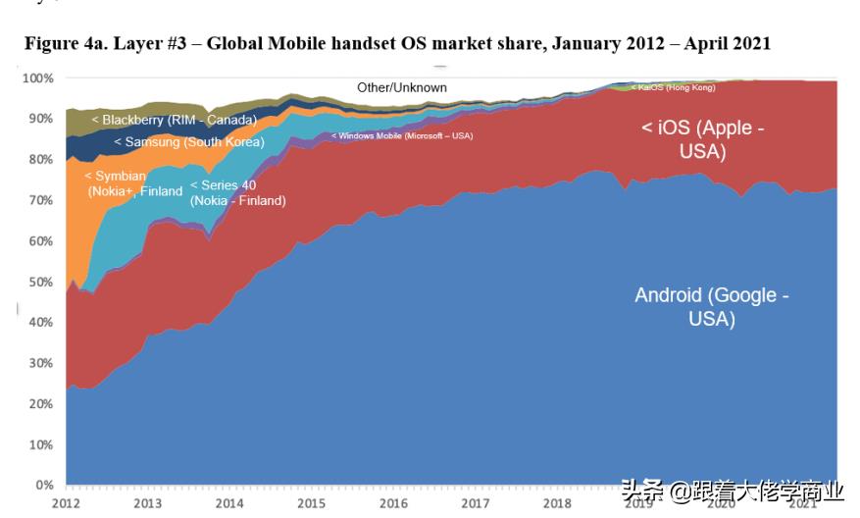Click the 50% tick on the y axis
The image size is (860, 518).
click(x=40, y=282)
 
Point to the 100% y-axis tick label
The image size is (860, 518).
click(x=37, y=78)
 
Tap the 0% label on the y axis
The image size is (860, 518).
click(x=44, y=485)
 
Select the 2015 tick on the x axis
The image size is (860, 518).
click(x=311, y=503)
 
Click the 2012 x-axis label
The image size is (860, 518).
click(x=65, y=503)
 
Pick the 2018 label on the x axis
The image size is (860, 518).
click(x=557, y=503)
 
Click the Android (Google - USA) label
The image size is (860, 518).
click(x=711, y=307)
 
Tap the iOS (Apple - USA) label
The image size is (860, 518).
click(x=702, y=139)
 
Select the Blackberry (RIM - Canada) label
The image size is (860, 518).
click(x=174, y=120)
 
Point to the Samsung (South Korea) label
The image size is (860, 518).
click(x=188, y=142)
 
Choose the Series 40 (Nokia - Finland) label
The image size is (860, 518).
click(x=237, y=192)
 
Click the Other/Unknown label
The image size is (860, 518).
click(x=401, y=87)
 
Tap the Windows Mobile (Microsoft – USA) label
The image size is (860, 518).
click(x=402, y=135)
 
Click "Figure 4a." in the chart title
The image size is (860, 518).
click(x=62, y=43)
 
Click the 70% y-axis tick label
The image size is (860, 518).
click(x=40, y=200)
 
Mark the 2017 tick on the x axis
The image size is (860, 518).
click(x=475, y=503)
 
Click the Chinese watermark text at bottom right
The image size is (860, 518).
click(x=733, y=492)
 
